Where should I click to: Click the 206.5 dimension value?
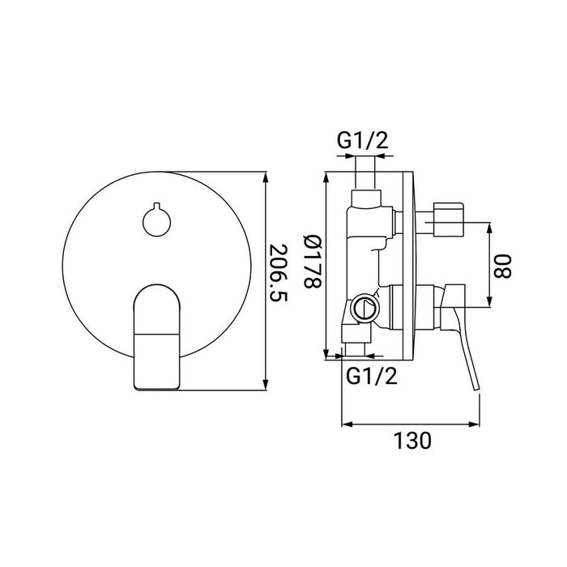coord(279,274)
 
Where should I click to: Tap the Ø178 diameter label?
coord(312,262)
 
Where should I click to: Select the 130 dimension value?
coord(412,441)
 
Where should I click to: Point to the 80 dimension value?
coord(503,266)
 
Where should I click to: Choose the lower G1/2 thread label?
coord(372,376)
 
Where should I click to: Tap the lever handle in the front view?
coord(156,337)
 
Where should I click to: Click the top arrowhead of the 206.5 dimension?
coord(266,177)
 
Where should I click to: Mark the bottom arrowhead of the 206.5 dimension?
coord(266,385)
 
